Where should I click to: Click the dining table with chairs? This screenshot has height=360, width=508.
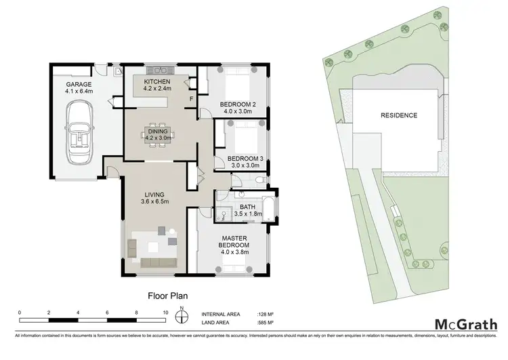click(157, 133)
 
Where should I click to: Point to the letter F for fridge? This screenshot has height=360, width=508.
click(192, 98)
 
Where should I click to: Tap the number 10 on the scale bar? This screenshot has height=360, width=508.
click(166, 313)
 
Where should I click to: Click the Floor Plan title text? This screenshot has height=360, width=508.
click(168, 296)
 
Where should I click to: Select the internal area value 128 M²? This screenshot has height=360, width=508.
click(266, 314)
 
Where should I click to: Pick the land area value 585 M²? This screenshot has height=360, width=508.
click(266, 323)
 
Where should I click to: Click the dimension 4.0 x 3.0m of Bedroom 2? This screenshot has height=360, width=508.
click(237, 111)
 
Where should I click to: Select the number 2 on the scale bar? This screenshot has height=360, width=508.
click(49, 313)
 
